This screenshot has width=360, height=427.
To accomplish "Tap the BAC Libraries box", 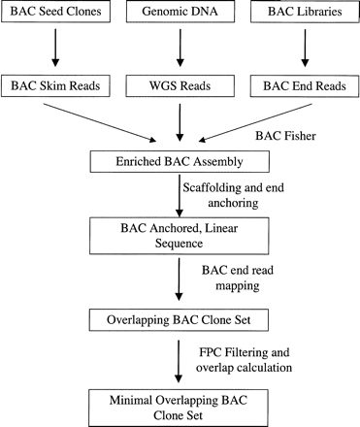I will click(x=301, y=14).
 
